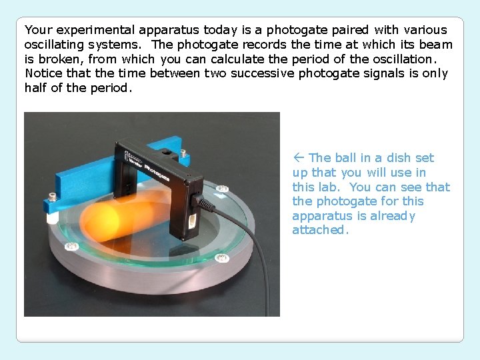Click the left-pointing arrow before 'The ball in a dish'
click(299, 158)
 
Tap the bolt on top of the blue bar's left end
click(52, 197)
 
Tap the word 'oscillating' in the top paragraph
click(55, 45)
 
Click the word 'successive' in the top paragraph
click(262, 73)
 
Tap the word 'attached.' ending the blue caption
click(321, 230)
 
